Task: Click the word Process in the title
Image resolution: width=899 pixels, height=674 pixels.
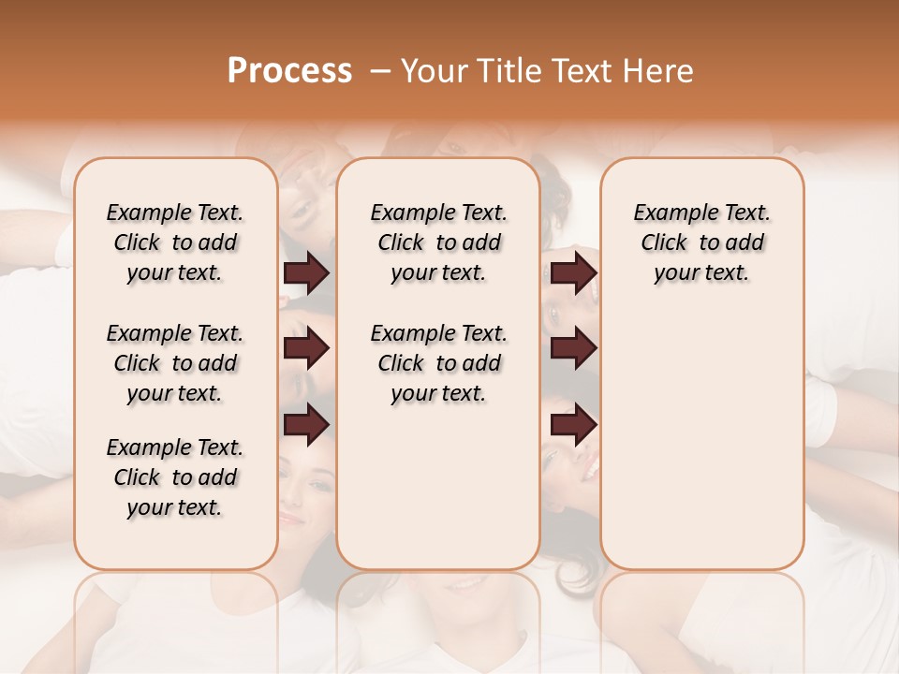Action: point(289,71)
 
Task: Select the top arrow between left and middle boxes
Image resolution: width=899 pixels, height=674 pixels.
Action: point(306,273)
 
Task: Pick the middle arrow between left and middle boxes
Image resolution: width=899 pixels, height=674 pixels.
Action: point(306,349)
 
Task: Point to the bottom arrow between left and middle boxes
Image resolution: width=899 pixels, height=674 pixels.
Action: point(306,426)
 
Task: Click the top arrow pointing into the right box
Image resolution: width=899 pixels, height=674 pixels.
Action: point(573,273)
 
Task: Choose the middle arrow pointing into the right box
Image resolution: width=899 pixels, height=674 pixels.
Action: point(573,349)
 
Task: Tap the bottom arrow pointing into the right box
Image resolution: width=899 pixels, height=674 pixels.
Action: point(573,426)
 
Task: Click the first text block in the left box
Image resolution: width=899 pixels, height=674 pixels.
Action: point(175,242)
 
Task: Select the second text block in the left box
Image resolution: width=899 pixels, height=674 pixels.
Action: point(175,363)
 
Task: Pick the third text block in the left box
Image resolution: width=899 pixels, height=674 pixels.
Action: point(175,477)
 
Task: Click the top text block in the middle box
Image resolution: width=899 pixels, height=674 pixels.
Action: point(438,242)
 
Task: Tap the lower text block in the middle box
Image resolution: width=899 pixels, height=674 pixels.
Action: point(438,363)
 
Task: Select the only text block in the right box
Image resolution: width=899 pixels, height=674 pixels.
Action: point(701,242)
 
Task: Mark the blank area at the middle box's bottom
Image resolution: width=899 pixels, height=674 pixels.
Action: point(438,496)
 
